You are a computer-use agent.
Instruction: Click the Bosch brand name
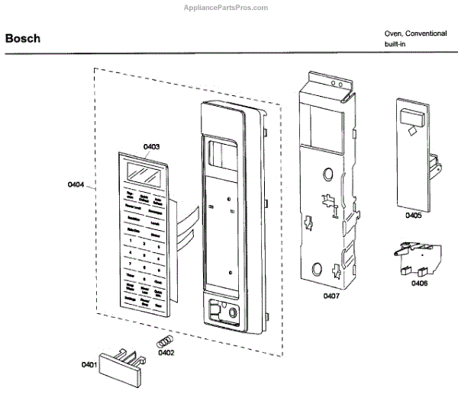[23, 38]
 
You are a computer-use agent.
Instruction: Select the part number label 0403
[151, 146]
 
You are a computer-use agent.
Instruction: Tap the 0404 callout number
[76, 184]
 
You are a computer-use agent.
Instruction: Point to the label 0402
[166, 352]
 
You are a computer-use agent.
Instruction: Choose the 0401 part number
[89, 365]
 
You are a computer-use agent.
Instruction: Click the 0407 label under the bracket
[332, 295]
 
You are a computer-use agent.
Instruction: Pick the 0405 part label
[413, 216]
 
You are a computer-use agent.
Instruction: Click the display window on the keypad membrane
[143, 174]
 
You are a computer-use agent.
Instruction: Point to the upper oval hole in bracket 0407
[327, 174]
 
